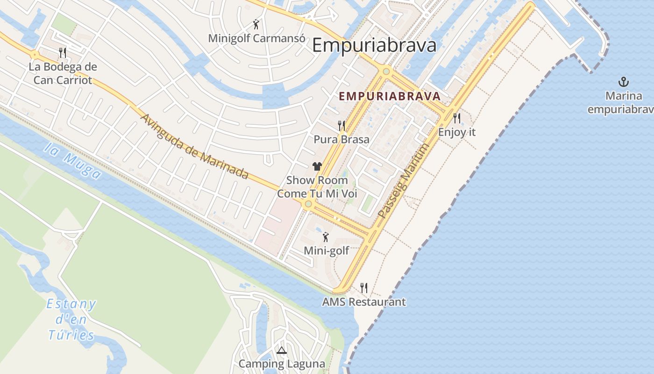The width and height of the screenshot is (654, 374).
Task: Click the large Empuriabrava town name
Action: (374, 45)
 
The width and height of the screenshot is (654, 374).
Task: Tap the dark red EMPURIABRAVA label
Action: (389, 96)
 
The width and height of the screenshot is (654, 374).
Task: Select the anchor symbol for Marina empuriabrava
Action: (623, 82)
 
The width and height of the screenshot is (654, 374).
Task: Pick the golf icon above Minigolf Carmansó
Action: (256, 24)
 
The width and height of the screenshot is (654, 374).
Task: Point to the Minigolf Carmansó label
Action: (254, 38)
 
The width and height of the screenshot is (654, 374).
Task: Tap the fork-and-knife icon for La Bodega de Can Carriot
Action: (63, 52)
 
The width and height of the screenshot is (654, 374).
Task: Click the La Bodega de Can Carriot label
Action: (63, 73)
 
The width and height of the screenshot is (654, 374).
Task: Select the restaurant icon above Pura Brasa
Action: (341, 125)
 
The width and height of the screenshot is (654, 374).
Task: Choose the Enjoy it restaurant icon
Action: (457, 118)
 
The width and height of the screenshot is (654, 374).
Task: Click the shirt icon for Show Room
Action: (317, 166)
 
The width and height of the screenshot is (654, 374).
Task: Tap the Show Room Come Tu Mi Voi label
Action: (317, 187)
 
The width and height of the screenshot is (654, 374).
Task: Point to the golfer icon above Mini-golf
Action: (326, 237)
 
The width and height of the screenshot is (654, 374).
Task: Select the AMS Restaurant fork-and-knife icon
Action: (364, 288)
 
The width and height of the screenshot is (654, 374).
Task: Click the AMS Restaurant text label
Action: (364, 302)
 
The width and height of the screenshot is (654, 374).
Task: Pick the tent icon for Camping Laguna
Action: (281, 351)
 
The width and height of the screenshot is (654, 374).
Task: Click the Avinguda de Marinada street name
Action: (194, 146)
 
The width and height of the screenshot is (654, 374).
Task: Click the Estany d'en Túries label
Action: (71, 319)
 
